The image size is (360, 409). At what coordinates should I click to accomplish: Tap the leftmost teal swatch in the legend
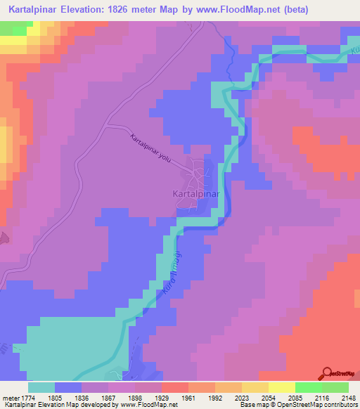(x=41, y=387)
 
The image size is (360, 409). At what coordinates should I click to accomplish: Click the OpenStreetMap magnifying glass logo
(x=327, y=372)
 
